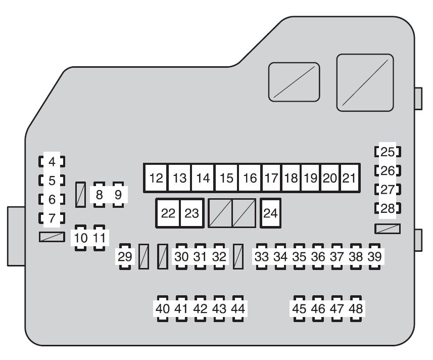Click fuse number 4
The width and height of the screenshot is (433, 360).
(x=52, y=162)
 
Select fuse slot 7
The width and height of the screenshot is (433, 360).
(x=52, y=218)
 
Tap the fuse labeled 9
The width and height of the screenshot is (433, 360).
(x=118, y=195)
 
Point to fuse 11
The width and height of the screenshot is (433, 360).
(x=100, y=238)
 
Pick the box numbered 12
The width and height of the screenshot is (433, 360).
(x=156, y=178)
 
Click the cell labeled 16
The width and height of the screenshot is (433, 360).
(x=250, y=178)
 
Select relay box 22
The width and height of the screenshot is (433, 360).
(x=168, y=213)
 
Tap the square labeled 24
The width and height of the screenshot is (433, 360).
(x=271, y=213)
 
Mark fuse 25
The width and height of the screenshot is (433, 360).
(x=388, y=152)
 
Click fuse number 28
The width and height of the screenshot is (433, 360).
(x=388, y=208)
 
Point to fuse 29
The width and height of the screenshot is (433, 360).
(x=124, y=256)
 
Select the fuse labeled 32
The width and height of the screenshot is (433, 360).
(x=219, y=256)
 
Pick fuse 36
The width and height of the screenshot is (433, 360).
(x=318, y=256)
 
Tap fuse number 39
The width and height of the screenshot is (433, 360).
(x=374, y=256)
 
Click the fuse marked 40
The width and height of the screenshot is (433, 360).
(x=163, y=308)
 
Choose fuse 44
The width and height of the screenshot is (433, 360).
(x=238, y=308)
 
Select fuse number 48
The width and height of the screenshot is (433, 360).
(x=356, y=308)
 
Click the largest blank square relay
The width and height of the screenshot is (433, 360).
(x=365, y=82)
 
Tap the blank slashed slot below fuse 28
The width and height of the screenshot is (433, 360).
(x=388, y=229)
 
